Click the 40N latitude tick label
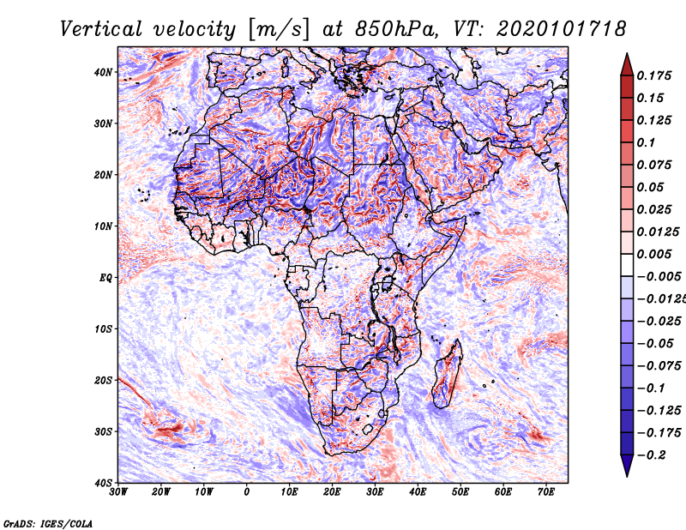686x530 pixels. (x=103, y=72)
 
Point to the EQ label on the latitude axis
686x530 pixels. (x=105, y=278)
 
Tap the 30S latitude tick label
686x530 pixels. (x=103, y=431)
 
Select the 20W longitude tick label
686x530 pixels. (x=161, y=491)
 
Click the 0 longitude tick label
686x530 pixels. (x=247, y=491)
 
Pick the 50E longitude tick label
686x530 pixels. (x=460, y=491)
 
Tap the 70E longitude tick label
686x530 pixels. (x=546, y=491)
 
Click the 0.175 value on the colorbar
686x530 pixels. (x=654, y=75)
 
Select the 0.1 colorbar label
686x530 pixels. (x=647, y=142)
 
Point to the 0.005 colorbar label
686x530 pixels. (x=654, y=254)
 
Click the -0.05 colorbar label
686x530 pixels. (x=655, y=344)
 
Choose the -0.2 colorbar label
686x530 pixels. (x=651, y=455)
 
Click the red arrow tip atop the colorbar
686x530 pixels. (x=627, y=54)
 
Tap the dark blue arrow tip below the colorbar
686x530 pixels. (x=627, y=476)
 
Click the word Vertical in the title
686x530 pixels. (x=101, y=29)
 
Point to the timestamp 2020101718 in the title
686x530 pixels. (x=562, y=29)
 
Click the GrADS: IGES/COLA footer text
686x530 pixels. (x=48, y=523)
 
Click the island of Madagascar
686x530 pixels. (x=448, y=374)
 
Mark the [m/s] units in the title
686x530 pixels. (x=279, y=30)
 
